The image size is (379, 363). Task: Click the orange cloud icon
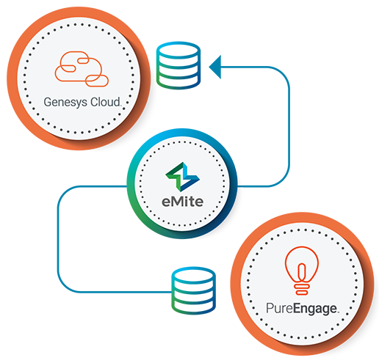82,69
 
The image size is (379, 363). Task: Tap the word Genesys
65,102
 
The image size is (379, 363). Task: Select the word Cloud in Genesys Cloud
105,102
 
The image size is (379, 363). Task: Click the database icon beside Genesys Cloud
178,65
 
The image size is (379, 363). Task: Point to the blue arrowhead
215,67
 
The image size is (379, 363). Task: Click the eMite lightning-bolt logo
182,177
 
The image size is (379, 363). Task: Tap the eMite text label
182,202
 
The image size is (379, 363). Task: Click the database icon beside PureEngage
193,290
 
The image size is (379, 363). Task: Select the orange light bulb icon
302,271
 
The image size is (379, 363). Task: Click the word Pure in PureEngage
279,308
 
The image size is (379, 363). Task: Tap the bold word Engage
315,309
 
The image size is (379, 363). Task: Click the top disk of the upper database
178,50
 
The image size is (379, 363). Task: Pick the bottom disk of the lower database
193,306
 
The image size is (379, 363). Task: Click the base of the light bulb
302,289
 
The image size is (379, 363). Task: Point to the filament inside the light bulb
302,272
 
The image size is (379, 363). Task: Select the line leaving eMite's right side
289,126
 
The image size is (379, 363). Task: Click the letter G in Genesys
48,101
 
